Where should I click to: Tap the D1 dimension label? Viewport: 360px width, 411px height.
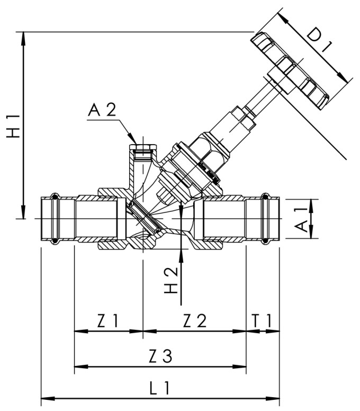pos(319,43)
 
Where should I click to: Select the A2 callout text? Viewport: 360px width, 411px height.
pos(102,110)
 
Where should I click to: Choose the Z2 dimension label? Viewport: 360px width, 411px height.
pos(194,320)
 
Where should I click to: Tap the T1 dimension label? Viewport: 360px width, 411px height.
pos(262,320)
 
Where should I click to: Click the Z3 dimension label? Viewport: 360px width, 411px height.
pos(160,356)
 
